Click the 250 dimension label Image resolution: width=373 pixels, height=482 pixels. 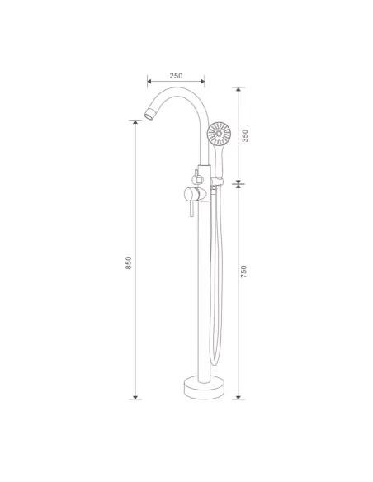pos(176,76)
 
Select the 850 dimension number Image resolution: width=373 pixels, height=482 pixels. pos(129,262)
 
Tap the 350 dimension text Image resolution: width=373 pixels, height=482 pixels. pos(245,135)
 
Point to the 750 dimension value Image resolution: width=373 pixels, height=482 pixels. pos(243,272)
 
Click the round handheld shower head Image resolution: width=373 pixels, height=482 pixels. pos(219,134)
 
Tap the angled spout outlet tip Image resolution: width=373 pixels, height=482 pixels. pos(149,113)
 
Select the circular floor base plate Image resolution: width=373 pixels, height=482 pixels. pos(204,387)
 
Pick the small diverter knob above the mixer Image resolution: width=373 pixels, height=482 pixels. pos(197,177)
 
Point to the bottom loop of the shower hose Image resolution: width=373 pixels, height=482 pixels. pos(215,361)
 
